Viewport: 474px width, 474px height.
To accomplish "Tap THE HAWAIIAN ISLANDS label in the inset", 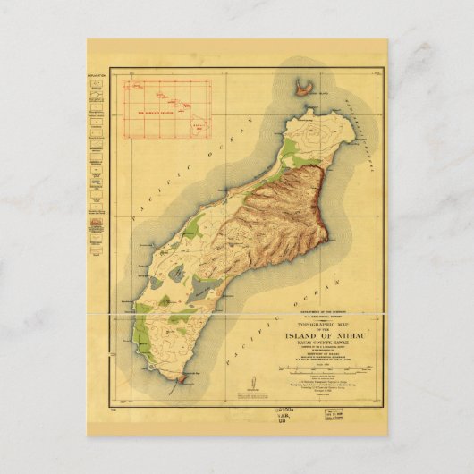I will coord(155,113).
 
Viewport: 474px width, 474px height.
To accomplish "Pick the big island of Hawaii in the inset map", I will coord(201,123).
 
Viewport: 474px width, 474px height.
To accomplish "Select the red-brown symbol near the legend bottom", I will coord(97,241).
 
